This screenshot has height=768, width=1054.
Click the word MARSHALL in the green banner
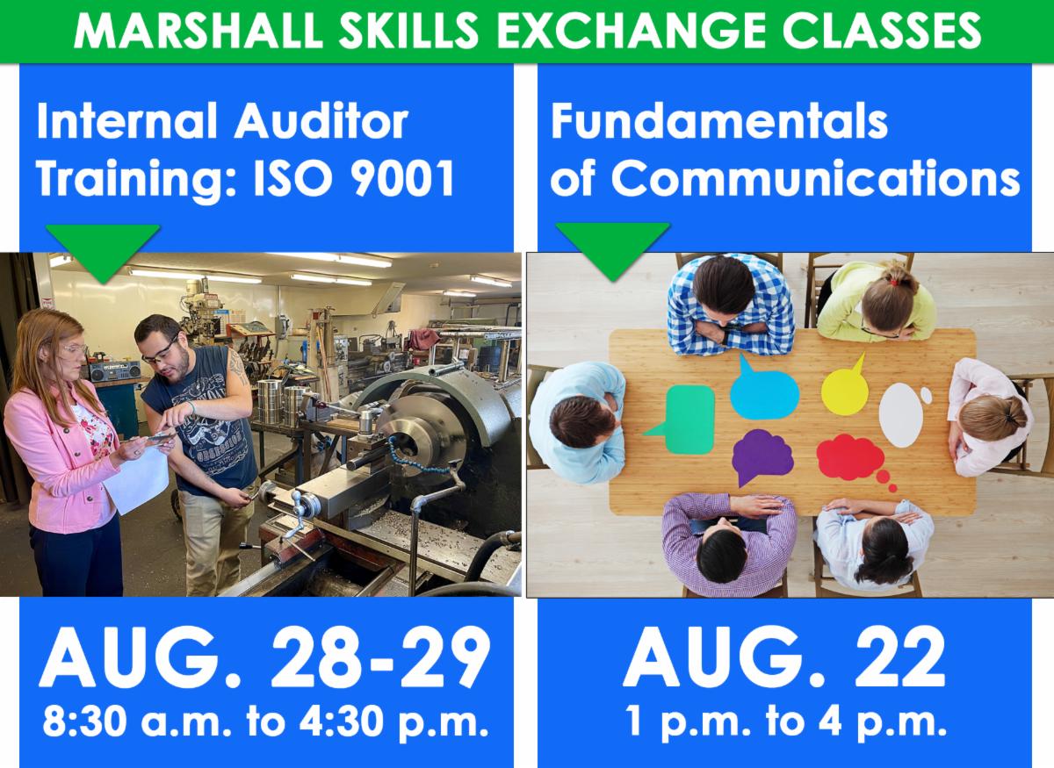tap(199, 32)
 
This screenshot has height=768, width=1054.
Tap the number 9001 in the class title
tap(403, 178)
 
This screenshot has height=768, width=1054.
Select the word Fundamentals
tap(719, 121)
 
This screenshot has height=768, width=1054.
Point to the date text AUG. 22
tap(785, 657)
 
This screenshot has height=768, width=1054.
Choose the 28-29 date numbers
tap(380, 657)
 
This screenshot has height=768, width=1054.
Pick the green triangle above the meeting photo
tap(613, 252)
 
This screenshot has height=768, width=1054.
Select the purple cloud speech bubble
tap(762, 456)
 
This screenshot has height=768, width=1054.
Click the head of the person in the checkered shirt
tap(724, 285)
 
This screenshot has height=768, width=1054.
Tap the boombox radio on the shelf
tap(114, 370)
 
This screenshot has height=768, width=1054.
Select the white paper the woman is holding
tap(137, 478)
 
